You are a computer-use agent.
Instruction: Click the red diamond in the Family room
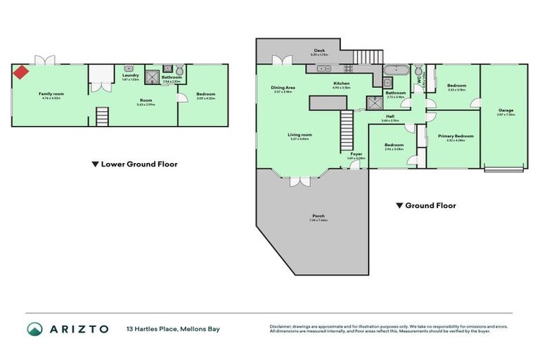click(x=22, y=72)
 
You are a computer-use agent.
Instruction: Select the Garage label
click(x=506, y=110)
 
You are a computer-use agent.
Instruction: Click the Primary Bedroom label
click(x=455, y=136)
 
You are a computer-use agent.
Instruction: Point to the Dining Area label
click(x=283, y=88)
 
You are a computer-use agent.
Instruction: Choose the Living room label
click(x=300, y=134)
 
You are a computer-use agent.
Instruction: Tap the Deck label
click(x=319, y=50)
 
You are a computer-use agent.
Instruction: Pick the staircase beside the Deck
click(x=364, y=56)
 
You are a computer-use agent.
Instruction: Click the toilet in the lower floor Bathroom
click(x=181, y=70)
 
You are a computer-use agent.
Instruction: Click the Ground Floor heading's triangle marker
click(x=399, y=206)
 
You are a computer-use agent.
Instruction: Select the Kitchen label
click(x=341, y=84)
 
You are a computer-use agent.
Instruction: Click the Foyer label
click(x=356, y=154)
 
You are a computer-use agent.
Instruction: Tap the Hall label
click(x=390, y=117)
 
